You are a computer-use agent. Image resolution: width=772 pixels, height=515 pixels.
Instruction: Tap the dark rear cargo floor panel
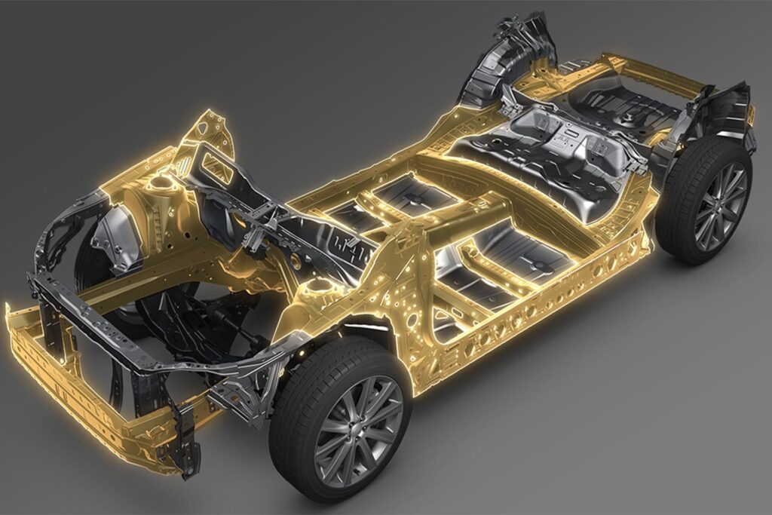626,102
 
